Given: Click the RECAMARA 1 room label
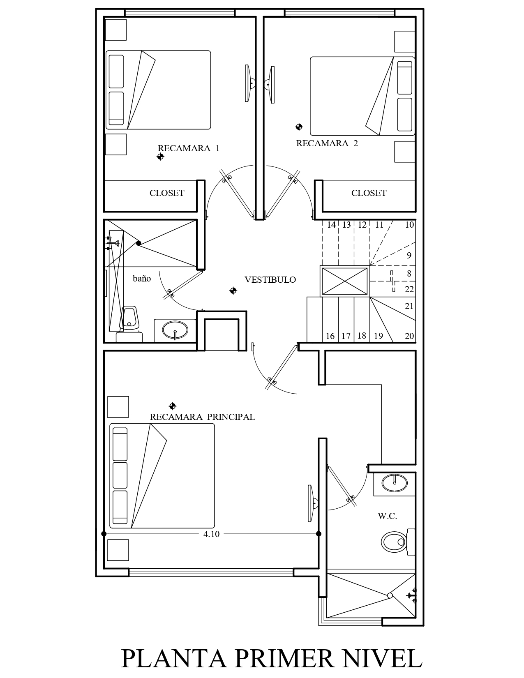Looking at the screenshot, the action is point(189,148).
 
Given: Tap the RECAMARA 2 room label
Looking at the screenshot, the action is point(327,143).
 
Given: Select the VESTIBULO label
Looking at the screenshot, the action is point(270,279).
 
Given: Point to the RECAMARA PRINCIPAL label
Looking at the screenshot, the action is point(202,417).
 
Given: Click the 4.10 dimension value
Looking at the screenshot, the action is point(211,534).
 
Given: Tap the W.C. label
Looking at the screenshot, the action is point(387,516).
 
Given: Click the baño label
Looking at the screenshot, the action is point(142,278).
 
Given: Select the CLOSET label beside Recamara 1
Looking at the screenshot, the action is point(167,193).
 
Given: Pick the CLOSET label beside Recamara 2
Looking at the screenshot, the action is point(369,193).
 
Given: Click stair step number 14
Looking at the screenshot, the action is point(331,225).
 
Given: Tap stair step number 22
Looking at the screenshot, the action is point(409,289).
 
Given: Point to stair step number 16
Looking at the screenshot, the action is point(330,336).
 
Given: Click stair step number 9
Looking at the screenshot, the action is point(409,256).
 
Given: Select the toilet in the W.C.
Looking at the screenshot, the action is point(398,542).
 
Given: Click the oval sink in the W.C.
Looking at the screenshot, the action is point(395,483).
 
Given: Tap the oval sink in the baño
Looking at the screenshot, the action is point(175,330).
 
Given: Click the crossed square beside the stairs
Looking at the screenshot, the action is point(344,281).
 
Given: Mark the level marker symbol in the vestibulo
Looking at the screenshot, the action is point(233,291).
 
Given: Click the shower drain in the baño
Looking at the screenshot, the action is point(138,243).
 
